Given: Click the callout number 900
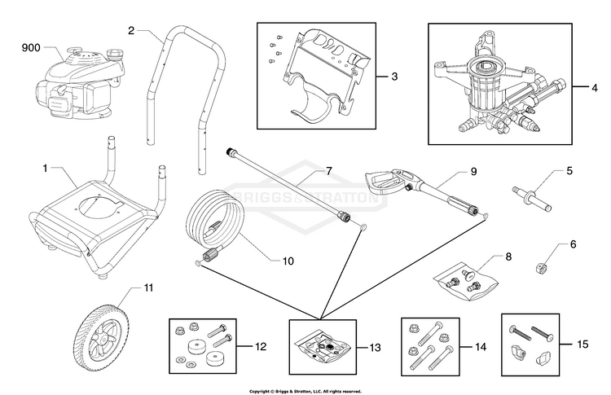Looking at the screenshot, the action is tap(31, 47).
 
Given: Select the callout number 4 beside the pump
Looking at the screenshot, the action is tap(594, 88).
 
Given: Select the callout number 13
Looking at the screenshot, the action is tap(375, 347).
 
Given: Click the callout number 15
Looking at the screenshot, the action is tap(582, 344).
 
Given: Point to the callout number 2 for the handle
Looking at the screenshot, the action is tap(131, 30).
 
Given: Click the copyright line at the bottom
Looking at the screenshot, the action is tap(305, 391).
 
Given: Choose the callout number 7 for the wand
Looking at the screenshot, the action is tap(328, 170).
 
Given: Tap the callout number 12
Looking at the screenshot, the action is tap(261, 346).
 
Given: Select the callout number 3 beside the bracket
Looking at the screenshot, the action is tap(394, 77).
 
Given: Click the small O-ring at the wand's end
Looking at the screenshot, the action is tap(363, 226).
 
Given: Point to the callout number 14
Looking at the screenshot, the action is tap(481, 346).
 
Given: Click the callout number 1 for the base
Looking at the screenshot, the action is tap(45, 169).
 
